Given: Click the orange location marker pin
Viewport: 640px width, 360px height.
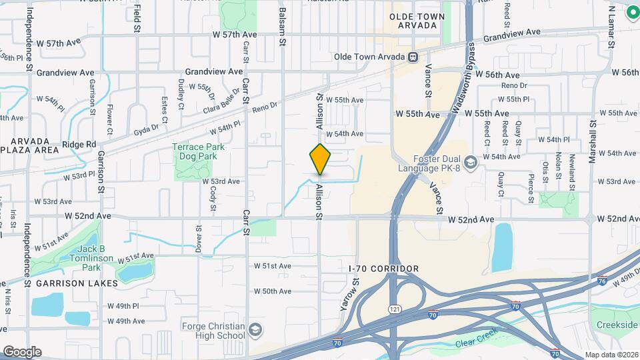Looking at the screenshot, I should [x=321, y=159].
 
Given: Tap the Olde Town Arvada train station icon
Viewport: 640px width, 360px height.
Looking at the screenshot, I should [x=413, y=57].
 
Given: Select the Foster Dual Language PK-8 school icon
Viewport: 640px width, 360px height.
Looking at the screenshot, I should [x=471, y=163].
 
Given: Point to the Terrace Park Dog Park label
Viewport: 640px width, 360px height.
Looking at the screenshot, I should [x=199, y=151].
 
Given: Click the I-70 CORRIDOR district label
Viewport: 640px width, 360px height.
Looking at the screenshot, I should [x=384, y=269].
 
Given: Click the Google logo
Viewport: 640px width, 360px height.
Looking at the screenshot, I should [x=22, y=351].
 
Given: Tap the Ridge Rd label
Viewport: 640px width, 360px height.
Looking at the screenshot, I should [x=79, y=144].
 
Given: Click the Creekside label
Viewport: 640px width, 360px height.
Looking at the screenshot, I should [x=617, y=324].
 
